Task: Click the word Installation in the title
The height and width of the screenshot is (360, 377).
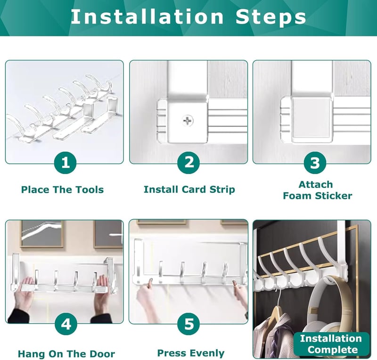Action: point(147,16)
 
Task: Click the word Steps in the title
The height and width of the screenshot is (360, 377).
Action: point(270,17)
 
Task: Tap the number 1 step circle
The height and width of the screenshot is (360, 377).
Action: point(66,163)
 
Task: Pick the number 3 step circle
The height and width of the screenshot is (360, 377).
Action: point(315,163)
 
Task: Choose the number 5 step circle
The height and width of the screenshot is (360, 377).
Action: point(189,324)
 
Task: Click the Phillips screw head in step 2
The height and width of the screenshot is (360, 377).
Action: point(188,121)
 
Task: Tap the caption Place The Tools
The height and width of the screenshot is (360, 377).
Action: point(62,189)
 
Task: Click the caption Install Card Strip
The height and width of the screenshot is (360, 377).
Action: point(189,189)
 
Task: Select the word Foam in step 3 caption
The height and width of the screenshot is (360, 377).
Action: point(298,196)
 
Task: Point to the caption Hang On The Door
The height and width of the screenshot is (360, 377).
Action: point(66,354)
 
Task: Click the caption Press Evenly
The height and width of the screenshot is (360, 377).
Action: point(191,353)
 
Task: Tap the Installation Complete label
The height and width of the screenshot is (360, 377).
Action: point(331,344)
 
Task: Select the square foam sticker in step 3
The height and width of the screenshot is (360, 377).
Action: point(311,118)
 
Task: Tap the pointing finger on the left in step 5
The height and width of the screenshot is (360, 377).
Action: point(149,283)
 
